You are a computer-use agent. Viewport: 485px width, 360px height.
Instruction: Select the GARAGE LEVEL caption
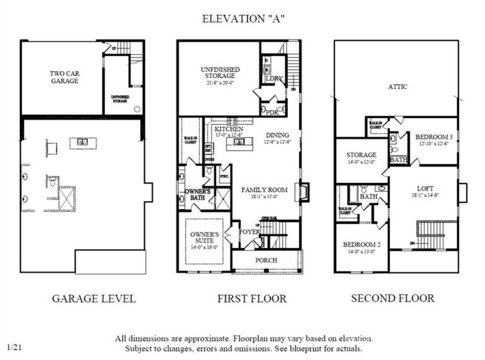[93, 298]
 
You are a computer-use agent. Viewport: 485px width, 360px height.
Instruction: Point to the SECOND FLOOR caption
[393, 298]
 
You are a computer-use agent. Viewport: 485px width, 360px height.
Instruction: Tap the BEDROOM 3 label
[434, 138]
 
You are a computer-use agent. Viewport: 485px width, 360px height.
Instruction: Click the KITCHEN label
[229, 130]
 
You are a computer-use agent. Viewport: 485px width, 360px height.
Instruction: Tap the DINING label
[276, 135]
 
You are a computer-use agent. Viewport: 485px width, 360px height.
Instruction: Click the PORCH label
[266, 261]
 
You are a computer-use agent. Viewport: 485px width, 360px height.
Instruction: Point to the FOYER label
[249, 231]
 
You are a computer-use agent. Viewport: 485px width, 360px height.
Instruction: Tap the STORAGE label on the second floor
[361, 155]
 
